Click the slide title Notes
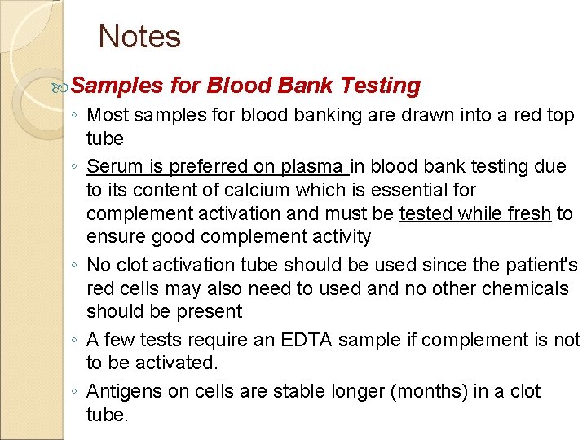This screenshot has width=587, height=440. pos(139,37)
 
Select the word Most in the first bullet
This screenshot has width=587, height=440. pos(108,116)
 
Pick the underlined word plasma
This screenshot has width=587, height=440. pos(312,166)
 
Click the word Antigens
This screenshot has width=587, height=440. pos(122,391)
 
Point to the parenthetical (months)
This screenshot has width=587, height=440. pos(431,391)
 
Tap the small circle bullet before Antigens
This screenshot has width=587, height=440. pos(74,393)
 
